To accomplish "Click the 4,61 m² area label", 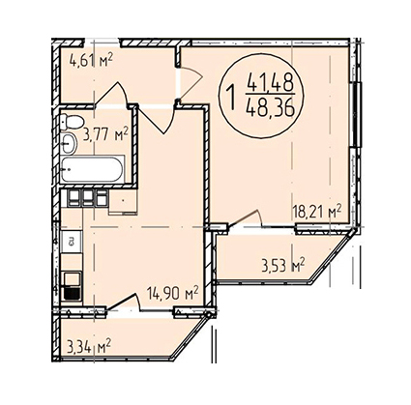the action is (x=91, y=60).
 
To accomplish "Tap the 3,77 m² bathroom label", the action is (x=105, y=134).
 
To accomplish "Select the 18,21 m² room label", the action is (x=317, y=213).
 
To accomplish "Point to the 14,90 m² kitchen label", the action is (x=172, y=294).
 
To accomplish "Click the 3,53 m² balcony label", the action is (x=283, y=265).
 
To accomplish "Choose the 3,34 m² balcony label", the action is (x=89, y=347).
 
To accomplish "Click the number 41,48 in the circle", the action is (x=270, y=82).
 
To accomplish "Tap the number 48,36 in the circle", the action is (x=270, y=107).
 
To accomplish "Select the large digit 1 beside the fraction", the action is (x=231, y=94).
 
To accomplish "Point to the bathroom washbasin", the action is (x=69, y=143).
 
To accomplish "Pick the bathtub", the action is (x=92, y=169).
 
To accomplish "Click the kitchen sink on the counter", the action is (x=72, y=242).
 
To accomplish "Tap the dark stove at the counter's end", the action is (x=72, y=293).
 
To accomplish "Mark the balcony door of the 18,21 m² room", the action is (x=247, y=218).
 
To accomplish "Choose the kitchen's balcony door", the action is (x=124, y=303).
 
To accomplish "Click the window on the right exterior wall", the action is (x=356, y=114).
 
